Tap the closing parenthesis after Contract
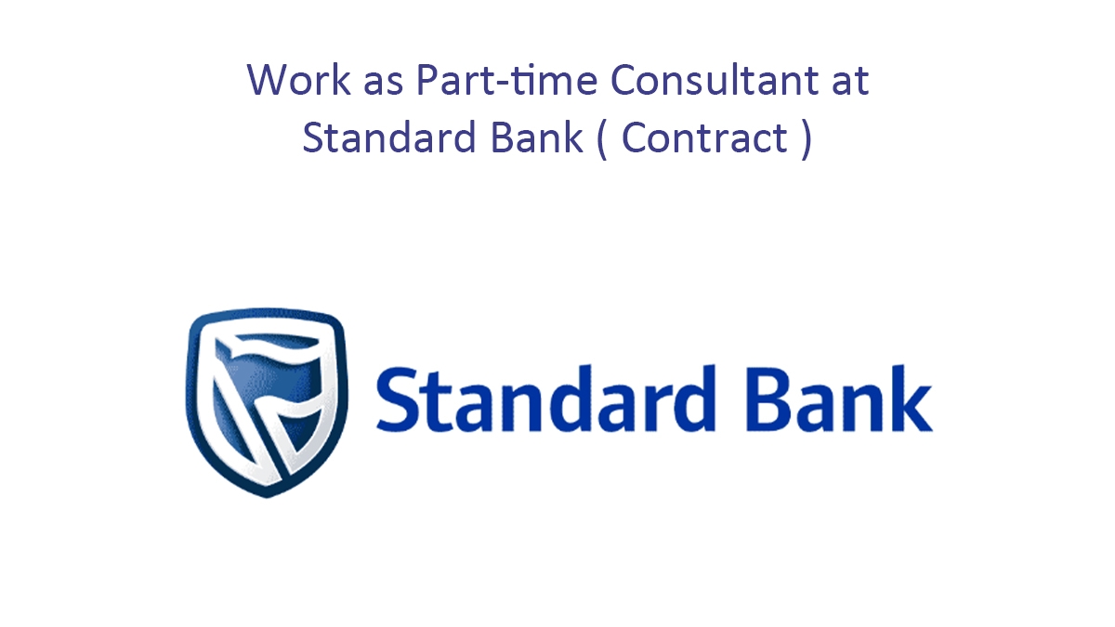(x=805, y=139)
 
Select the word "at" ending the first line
(x=850, y=82)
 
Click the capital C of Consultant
(x=625, y=80)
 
